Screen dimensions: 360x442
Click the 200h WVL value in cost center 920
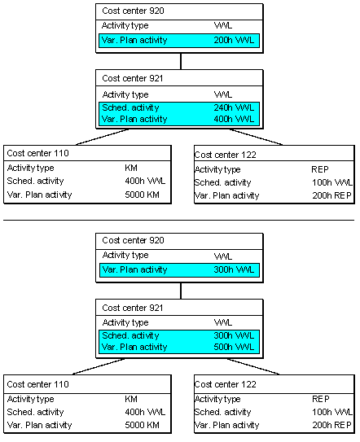pyautogui.click(x=234, y=41)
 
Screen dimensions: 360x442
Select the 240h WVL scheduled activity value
pyautogui.click(x=234, y=107)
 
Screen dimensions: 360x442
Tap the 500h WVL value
pyautogui.click(x=234, y=347)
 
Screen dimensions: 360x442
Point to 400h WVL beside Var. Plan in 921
pyautogui.click(x=234, y=119)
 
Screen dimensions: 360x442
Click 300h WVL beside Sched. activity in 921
pyautogui.click(x=234, y=335)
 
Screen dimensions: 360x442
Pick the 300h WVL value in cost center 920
pyautogui.click(x=234, y=269)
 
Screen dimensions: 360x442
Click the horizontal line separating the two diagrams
pyautogui.click(x=179, y=220)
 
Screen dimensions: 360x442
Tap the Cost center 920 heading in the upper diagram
pyautogui.click(x=133, y=11)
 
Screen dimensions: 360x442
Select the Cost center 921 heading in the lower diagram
pyautogui.click(x=133, y=308)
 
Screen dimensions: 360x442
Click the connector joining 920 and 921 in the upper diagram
pyautogui.click(x=181, y=61)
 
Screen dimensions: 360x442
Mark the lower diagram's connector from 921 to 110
pyautogui.click(x=99, y=366)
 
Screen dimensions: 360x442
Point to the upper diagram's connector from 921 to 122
pyautogui.click(x=256, y=137)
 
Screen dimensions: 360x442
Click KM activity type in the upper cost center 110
pyautogui.click(x=131, y=168)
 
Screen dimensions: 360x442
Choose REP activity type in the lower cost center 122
pyautogui.click(x=321, y=399)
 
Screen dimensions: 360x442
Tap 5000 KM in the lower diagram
pyautogui.click(x=143, y=425)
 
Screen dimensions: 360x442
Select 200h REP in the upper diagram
pyautogui.click(x=331, y=195)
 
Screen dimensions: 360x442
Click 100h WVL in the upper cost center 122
pyautogui.click(x=332, y=182)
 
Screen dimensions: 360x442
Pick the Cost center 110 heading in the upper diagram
pyautogui.click(x=37, y=153)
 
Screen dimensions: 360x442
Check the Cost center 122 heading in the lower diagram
pyautogui.click(x=225, y=384)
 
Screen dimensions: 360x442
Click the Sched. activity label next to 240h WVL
pyautogui.click(x=130, y=107)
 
